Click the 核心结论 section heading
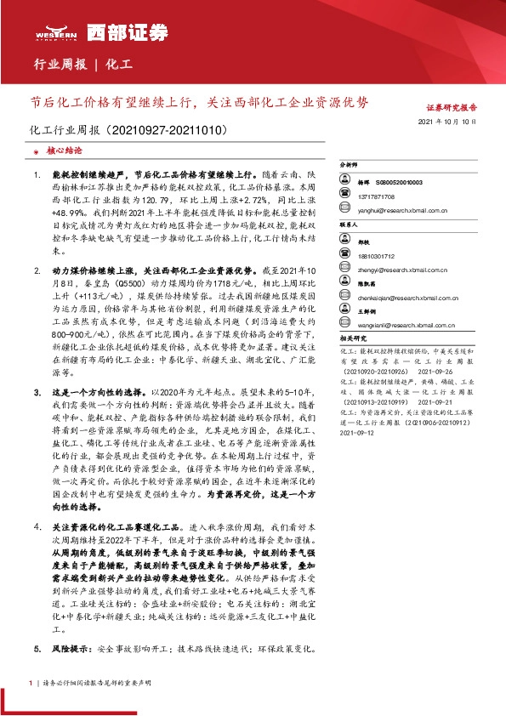click(x=65, y=150)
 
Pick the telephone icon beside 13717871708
click(x=346, y=195)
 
